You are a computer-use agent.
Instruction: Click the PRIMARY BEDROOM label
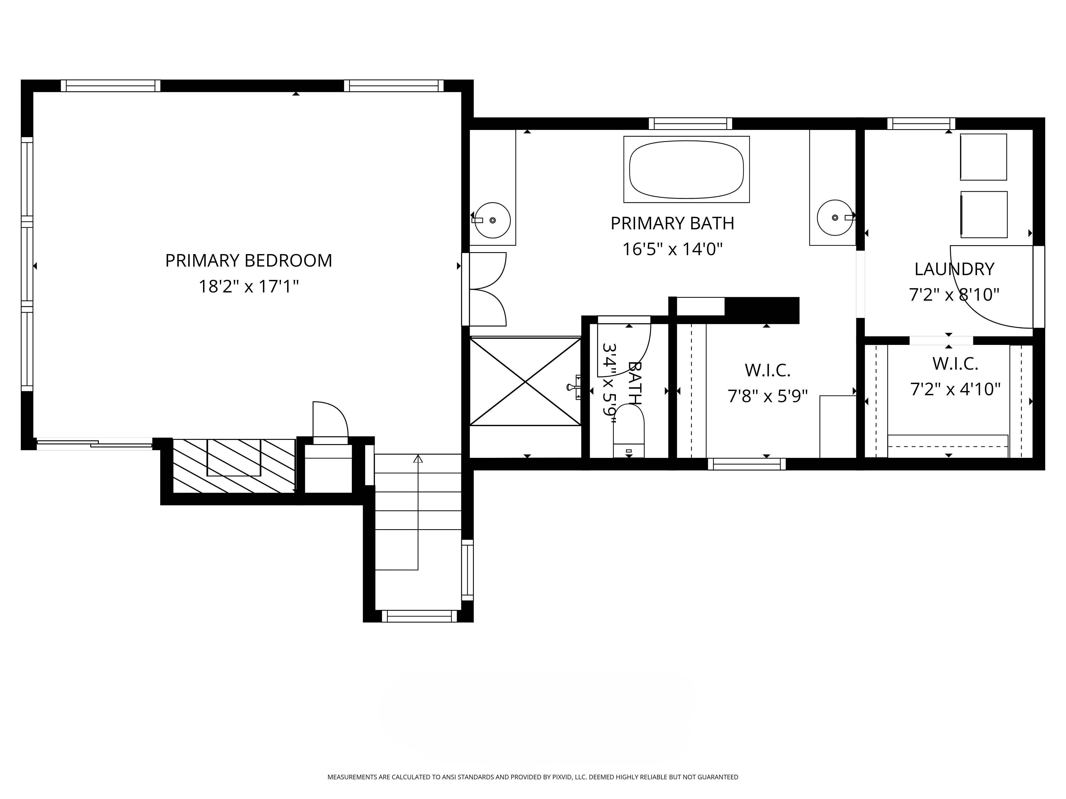pos(249,260)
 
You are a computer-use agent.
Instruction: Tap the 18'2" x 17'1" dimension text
pos(249,287)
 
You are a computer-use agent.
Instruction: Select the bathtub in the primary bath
pos(686,170)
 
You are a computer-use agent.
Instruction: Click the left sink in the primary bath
pos(491,220)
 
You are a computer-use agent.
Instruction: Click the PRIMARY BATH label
pos(672,223)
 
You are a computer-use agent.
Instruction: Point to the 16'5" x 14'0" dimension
pos(672,250)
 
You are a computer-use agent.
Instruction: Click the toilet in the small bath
pos(628,430)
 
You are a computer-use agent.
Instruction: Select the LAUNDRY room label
pos(954,269)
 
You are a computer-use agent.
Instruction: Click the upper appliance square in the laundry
pos(983,157)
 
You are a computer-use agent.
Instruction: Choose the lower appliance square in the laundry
pos(984,214)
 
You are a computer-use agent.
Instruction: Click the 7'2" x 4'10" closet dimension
pos(955,389)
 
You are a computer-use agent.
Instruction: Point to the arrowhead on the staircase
pos(418,459)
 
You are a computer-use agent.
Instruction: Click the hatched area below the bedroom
pos(234,466)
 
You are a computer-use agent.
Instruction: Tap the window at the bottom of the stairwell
pos(419,616)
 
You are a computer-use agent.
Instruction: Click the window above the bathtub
pos(690,124)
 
